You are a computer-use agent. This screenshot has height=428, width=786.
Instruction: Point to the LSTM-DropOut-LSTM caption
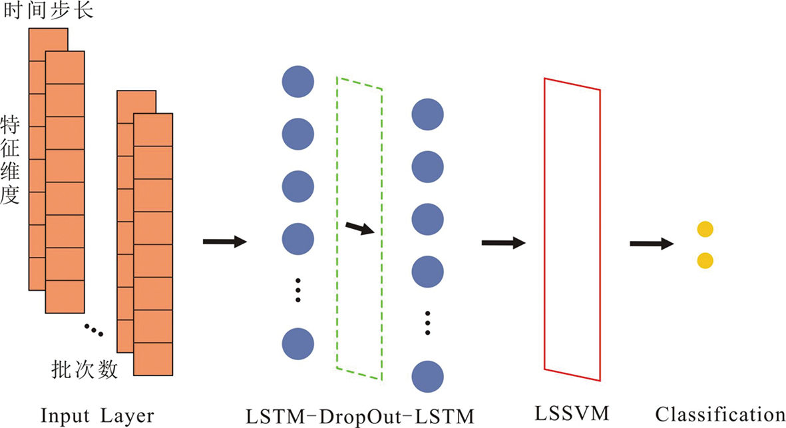point(359,417)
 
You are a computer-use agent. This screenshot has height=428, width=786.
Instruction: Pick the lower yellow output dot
point(705,260)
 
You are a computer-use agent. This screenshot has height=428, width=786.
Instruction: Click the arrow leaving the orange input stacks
point(224,242)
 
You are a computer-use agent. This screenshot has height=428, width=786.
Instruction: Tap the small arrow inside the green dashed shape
point(360,229)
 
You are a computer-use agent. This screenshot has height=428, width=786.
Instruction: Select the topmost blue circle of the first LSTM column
point(297,81)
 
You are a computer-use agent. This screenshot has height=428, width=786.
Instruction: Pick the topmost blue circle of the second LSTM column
point(428,114)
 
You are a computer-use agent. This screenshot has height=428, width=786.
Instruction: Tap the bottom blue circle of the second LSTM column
point(428,377)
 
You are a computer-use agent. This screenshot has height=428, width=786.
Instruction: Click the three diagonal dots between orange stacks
point(94,328)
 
